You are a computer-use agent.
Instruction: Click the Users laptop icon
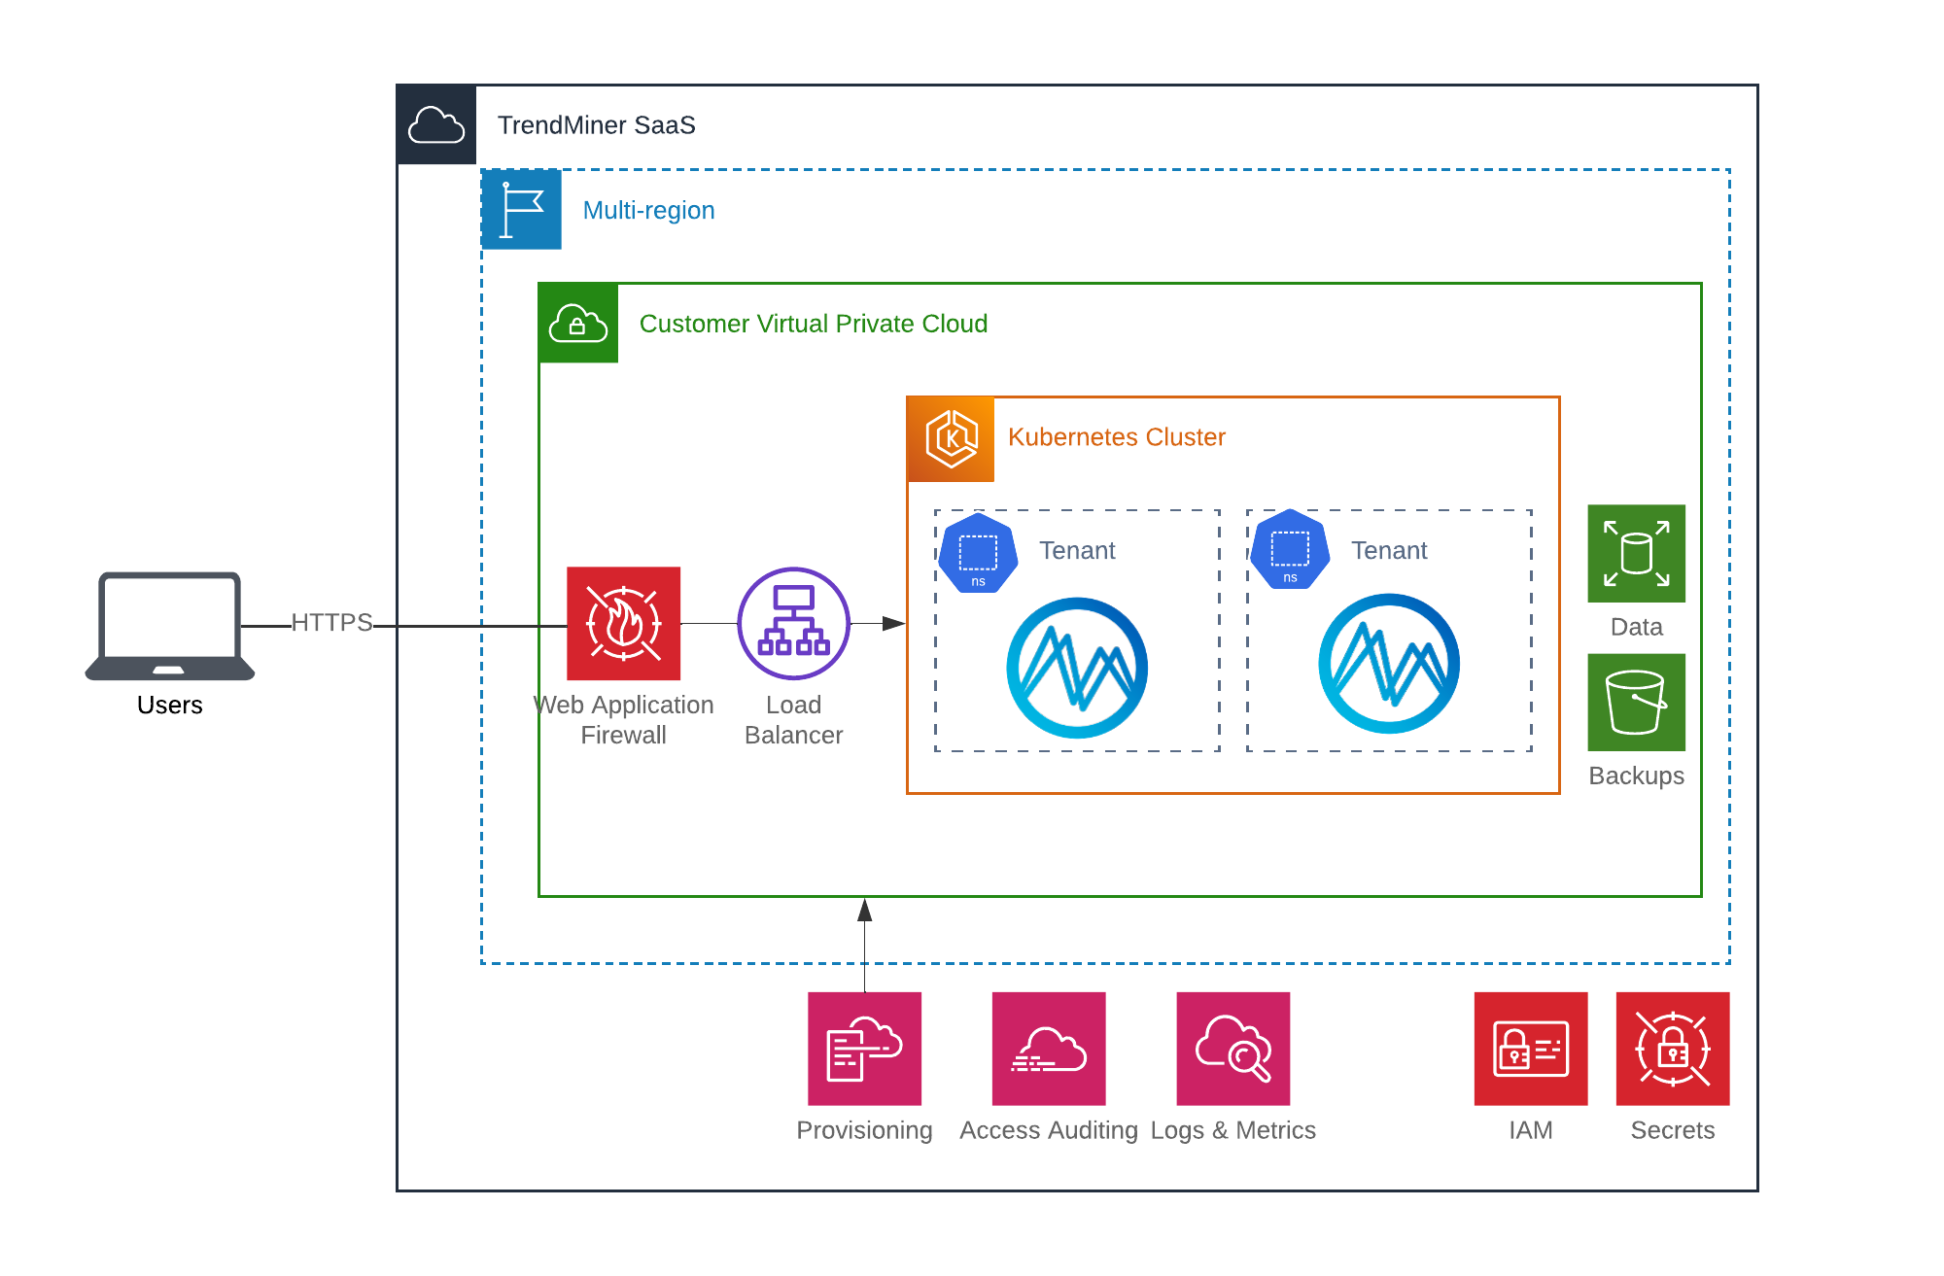pos(170,625)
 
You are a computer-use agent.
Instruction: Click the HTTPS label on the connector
pos(331,622)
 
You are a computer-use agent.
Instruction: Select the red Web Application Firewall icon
pos(623,623)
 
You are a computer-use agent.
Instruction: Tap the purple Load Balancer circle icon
pos(793,623)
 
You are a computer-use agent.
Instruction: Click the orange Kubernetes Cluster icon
pos(951,439)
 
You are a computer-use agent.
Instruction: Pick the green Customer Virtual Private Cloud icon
pos(578,324)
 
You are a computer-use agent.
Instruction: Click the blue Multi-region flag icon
pos(522,210)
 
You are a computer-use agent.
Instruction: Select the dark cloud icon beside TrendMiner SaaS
pos(436,125)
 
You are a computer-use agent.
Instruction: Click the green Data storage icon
pos(1636,553)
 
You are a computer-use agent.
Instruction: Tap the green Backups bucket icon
pos(1636,702)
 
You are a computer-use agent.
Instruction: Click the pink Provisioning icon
pos(864,1049)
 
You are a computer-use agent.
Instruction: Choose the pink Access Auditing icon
pos(1048,1049)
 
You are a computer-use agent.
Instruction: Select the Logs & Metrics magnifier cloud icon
pos(1232,1049)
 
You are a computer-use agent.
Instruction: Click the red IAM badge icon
pos(1530,1049)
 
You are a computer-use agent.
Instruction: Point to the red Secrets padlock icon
pos(1672,1049)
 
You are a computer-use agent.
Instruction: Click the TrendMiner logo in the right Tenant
pos(1388,664)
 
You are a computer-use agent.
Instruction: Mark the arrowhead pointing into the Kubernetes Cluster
pos(894,623)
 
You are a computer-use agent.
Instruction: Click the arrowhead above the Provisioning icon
pos(864,910)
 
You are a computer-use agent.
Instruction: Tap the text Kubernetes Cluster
pos(1116,437)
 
